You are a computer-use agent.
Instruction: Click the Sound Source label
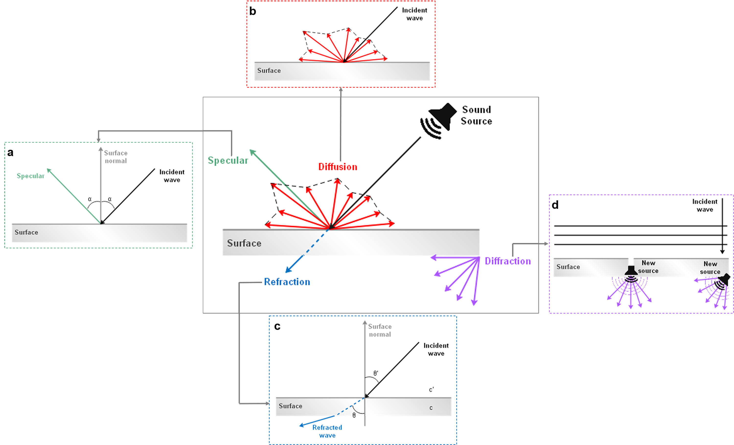pyautogui.click(x=476, y=115)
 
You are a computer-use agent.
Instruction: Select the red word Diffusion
pyautogui.click(x=337, y=167)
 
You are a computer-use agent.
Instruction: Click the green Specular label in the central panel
pyautogui.click(x=228, y=160)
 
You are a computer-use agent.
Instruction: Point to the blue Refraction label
pyautogui.click(x=287, y=282)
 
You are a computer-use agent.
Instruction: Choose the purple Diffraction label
pyautogui.click(x=508, y=261)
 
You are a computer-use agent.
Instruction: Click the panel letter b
pyautogui.click(x=252, y=11)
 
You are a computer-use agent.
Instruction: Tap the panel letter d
pyautogui.click(x=555, y=205)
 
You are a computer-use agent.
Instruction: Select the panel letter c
pyautogui.click(x=277, y=326)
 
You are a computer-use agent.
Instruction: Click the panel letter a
pyautogui.click(x=11, y=152)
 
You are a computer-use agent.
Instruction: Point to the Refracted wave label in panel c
pyautogui.click(x=327, y=431)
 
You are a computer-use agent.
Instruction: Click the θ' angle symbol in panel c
pyautogui.click(x=376, y=373)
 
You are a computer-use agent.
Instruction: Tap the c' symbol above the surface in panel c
pyautogui.click(x=431, y=390)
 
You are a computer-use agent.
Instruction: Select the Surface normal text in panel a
pyautogui.click(x=115, y=157)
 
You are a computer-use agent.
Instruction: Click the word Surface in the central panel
pyautogui.click(x=244, y=243)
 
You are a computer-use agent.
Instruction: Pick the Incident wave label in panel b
pyautogui.click(x=414, y=14)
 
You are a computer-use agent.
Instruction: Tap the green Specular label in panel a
pyautogui.click(x=30, y=176)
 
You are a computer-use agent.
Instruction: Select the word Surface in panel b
pyautogui.click(x=269, y=71)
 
